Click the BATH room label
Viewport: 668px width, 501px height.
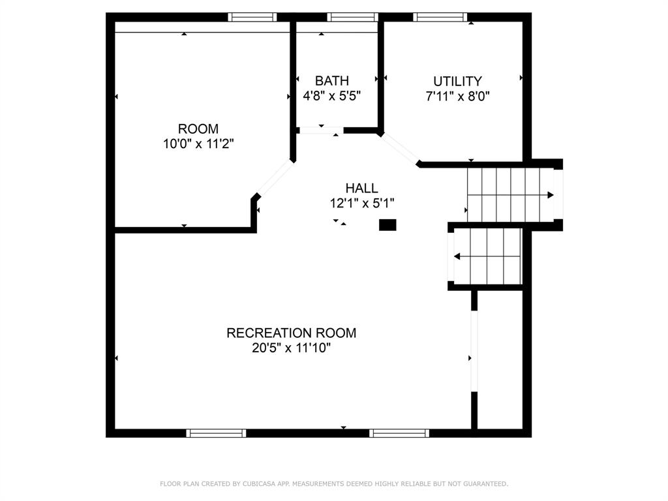[x=332, y=80]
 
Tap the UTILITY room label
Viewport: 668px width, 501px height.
[x=457, y=81]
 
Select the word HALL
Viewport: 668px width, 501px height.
[x=361, y=188]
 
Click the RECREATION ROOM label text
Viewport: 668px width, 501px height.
[x=292, y=333]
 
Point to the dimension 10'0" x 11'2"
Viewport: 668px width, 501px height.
[x=198, y=144]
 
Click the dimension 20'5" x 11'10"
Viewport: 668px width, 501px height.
[x=292, y=348]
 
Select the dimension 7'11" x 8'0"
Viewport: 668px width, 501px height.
[x=457, y=97]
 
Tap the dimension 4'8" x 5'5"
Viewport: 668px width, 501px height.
[x=332, y=96]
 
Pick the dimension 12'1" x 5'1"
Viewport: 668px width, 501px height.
[x=362, y=204]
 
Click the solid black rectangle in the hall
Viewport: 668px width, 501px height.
[x=387, y=225]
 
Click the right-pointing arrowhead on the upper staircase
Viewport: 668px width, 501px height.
[x=551, y=195]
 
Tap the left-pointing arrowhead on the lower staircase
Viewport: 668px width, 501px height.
[x=457, y=256]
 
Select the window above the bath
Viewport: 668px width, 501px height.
[x=352, y=17]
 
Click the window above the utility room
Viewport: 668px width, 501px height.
[x=440, y=17]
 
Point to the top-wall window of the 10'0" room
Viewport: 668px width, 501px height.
[x=252, y=17]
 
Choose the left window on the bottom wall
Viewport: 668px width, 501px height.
[x=216, y=433]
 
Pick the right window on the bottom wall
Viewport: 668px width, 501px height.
[x=399, y=433]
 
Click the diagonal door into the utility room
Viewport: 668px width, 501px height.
[x=400, y=148]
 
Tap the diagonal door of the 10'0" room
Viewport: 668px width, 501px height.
[x=275, y=178]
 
